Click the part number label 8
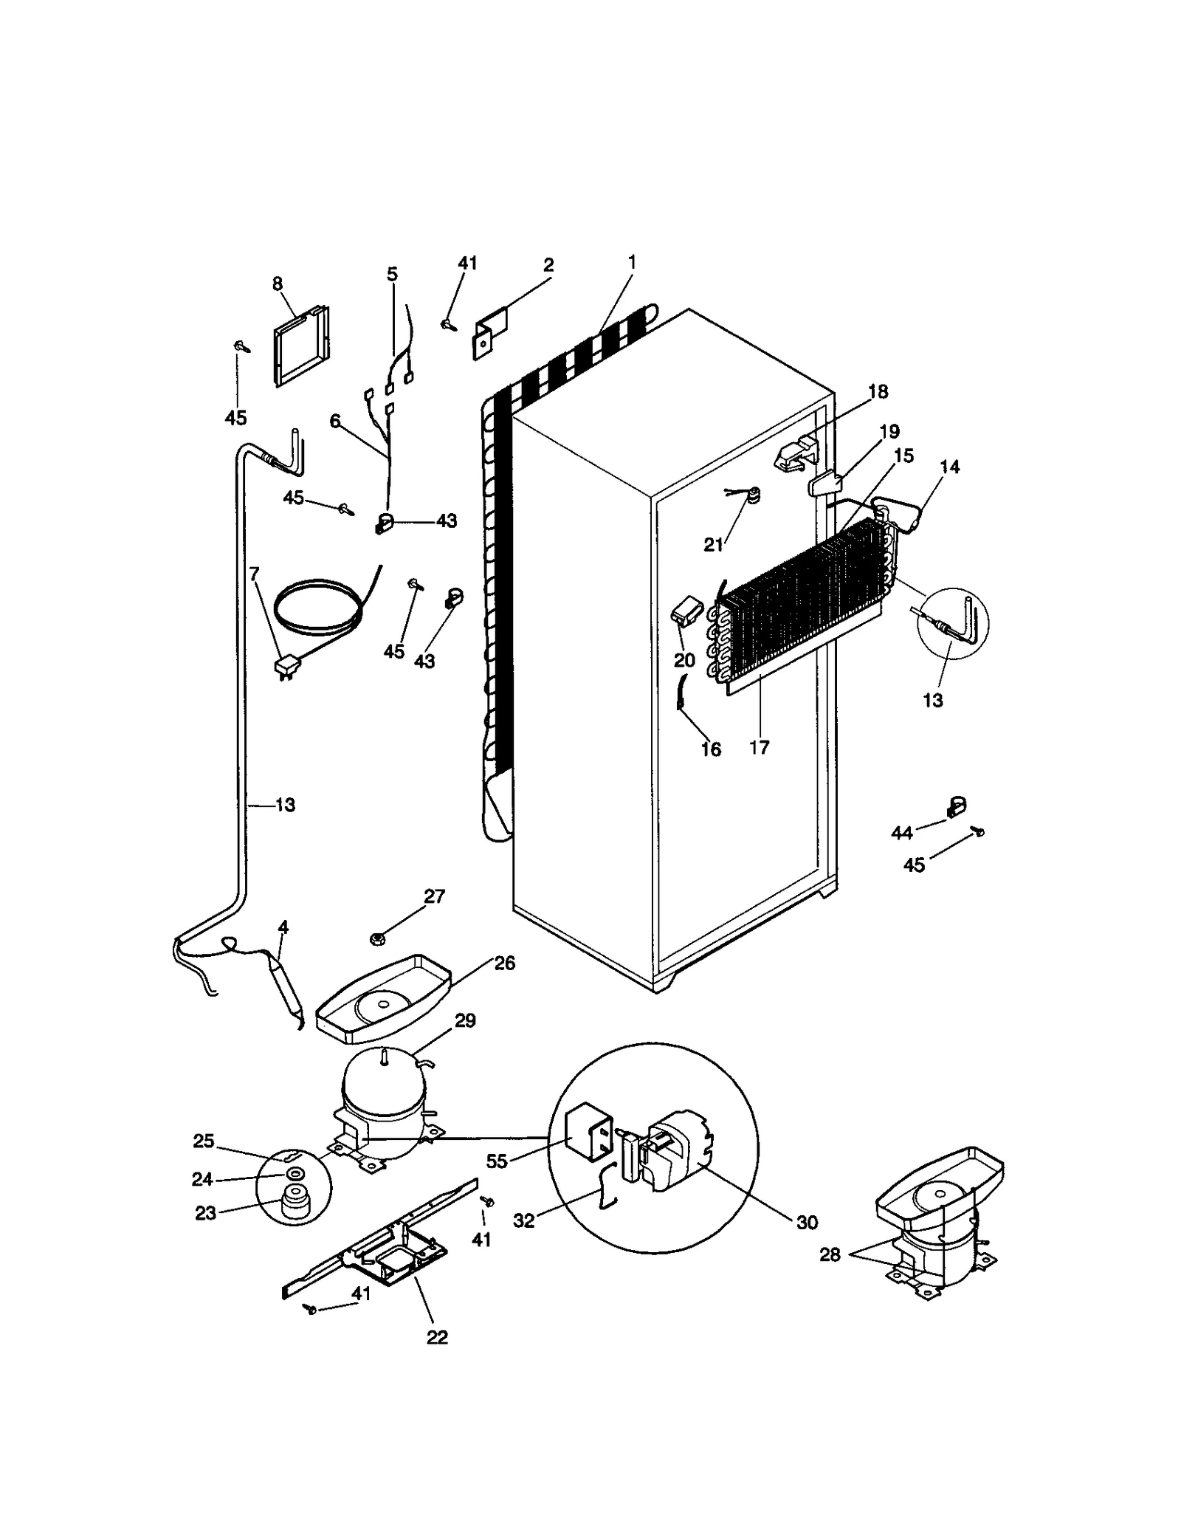tap(278, 284)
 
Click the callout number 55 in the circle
tap(497, 1161)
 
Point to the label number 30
tap(807, 1223)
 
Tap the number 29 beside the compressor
tap(465, 1020)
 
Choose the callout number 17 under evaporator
tap(759, 748)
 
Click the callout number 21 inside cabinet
tap(713, 545)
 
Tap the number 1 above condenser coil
tap(632, 261)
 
